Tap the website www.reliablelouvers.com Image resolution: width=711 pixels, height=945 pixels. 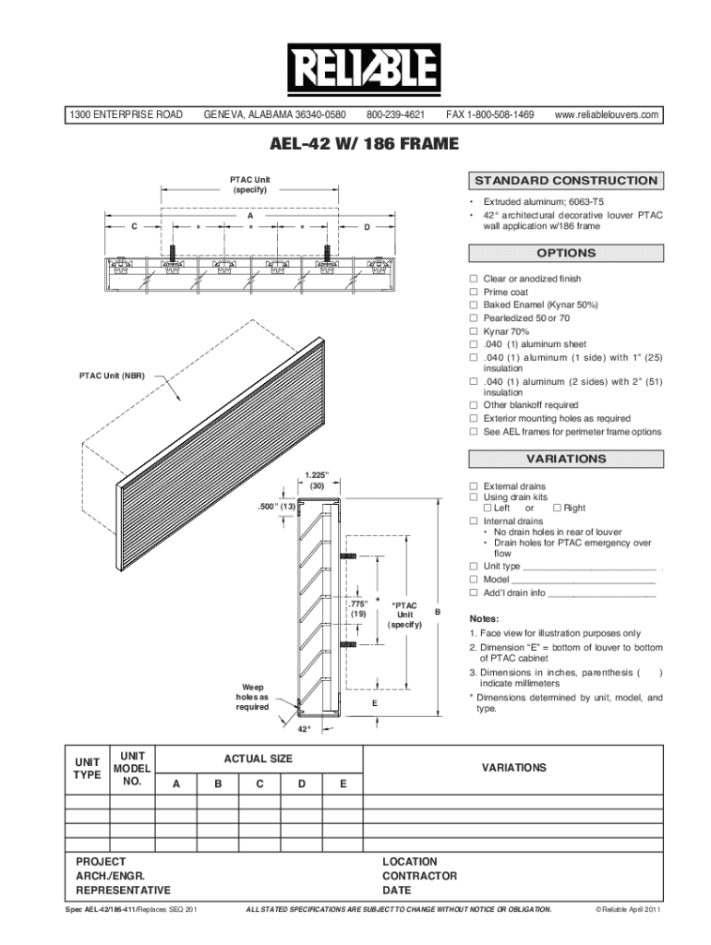(607, 115)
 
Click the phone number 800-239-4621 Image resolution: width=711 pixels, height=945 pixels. (395, 115)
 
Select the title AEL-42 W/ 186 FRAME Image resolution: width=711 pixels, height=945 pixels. (355, 145)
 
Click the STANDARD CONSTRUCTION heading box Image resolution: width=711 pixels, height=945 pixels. (566, 181)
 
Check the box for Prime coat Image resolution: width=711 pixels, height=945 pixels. (474, 292)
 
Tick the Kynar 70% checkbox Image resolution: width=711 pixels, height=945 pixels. (474, 330)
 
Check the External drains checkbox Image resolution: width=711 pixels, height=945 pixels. (474, 486)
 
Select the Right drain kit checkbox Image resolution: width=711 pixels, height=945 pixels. (557, 508)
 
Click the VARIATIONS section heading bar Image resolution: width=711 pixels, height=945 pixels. (566, 459)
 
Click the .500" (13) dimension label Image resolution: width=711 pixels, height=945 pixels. (276, 506)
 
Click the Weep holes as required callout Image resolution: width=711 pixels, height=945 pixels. (252, 698)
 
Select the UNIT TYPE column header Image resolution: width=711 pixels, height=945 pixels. (87, 769)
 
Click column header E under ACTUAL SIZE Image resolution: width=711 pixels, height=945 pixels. (343, 784)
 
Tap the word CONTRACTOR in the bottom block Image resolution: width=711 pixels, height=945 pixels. (419, 876)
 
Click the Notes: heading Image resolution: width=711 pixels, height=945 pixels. (484, 618)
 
